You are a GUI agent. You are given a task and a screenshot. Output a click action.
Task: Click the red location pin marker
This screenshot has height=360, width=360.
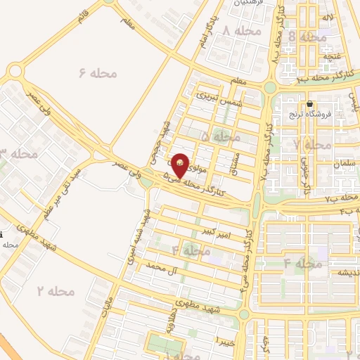point(180,165)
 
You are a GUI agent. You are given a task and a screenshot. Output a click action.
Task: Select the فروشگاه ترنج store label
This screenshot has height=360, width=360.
point(309,115)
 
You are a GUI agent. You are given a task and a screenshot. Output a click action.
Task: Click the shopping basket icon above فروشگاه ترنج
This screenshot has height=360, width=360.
point(309,103)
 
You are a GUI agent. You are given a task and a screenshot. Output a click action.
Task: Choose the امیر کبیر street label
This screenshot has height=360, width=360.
point(215,231)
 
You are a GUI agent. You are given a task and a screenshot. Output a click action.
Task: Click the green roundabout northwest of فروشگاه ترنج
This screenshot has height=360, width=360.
point(269,87)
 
